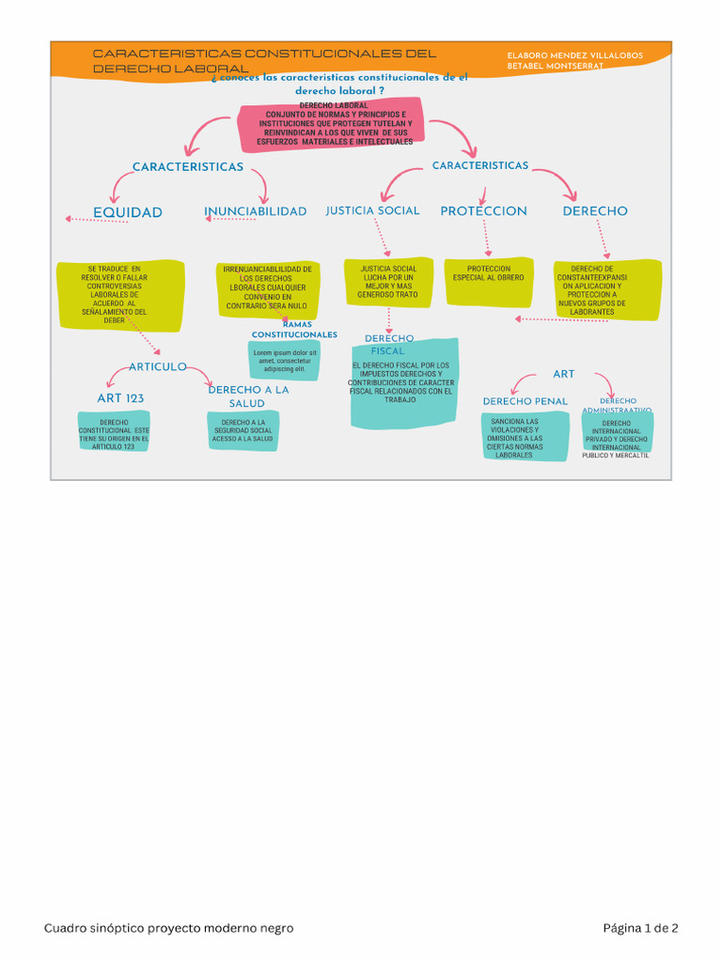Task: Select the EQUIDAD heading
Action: point(127,212)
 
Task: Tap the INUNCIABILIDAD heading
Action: point(255,211)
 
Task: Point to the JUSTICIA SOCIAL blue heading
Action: point(372,210)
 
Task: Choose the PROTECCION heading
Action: point(483,211)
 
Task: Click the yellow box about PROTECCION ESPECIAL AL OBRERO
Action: point(489,281)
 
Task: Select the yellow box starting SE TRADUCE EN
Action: point(119,294)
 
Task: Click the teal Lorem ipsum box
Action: point(285,362)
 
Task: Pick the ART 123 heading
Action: point(120,398)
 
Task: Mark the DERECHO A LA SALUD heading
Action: point(248,396)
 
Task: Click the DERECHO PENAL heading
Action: point(525,401)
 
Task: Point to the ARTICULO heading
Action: point(157,366)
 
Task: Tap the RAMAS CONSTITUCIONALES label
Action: point(294,330)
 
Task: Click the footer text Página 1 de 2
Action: point(640,928)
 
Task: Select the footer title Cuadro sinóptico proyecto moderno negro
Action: point(169,928)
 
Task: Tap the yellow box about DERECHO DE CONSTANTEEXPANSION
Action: point(606,289)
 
